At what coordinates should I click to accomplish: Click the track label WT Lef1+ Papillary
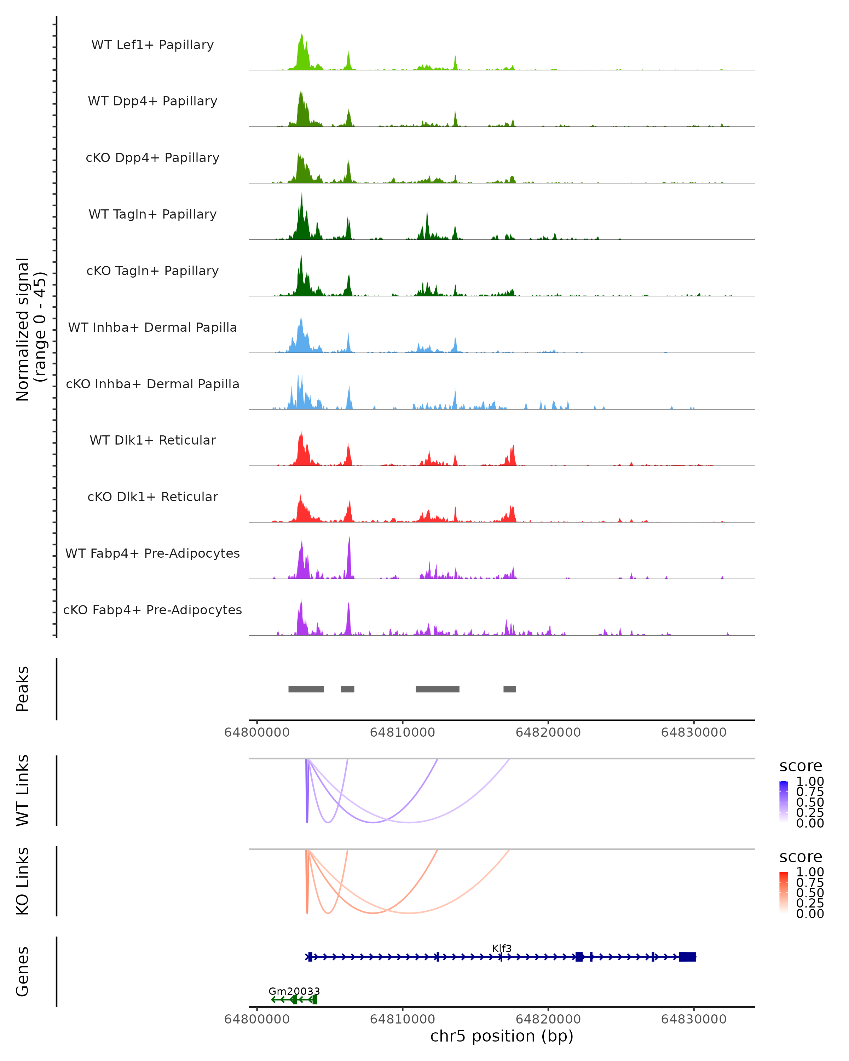click(152, 45)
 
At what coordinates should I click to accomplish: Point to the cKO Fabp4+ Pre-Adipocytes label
click(152, 610)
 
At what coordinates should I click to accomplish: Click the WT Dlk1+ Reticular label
click(152, 440)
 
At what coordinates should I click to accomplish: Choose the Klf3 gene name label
click(502, 948)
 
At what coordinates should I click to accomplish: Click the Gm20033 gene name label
click(294, 991)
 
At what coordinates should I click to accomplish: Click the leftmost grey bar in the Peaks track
click(306, 689)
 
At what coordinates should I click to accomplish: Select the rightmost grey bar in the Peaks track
click(509, 689)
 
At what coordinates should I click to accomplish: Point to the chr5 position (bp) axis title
click(502, 1036)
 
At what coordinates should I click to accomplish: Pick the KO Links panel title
click(23, 881)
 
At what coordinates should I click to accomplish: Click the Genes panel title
click(23, 972)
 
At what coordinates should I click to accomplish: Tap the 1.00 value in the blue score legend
click(810, 782)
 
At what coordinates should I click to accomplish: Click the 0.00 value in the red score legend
click(810, 914)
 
